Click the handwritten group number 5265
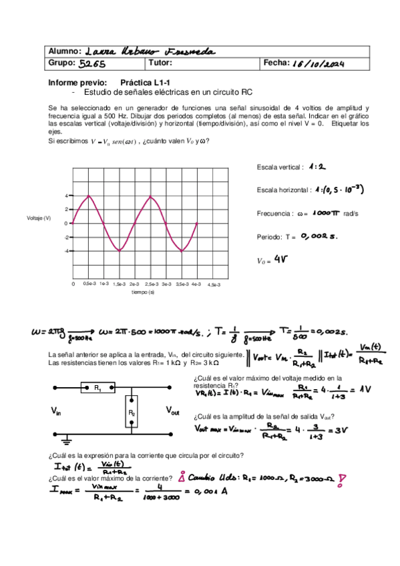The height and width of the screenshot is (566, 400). pos(92,65)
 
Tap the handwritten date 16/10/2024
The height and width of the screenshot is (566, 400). pos(314,63)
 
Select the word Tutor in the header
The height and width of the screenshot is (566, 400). pos(162,64)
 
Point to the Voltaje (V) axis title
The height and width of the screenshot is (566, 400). pos(39,218)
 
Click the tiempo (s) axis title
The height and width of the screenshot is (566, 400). pos(143,292)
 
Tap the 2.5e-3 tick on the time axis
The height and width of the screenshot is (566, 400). pos(151,284)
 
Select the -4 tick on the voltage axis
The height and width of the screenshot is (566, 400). pos(67,251)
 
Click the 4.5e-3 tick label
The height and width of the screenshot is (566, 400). pos(213,284)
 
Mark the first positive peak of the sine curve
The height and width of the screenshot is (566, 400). pos(89,196)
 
